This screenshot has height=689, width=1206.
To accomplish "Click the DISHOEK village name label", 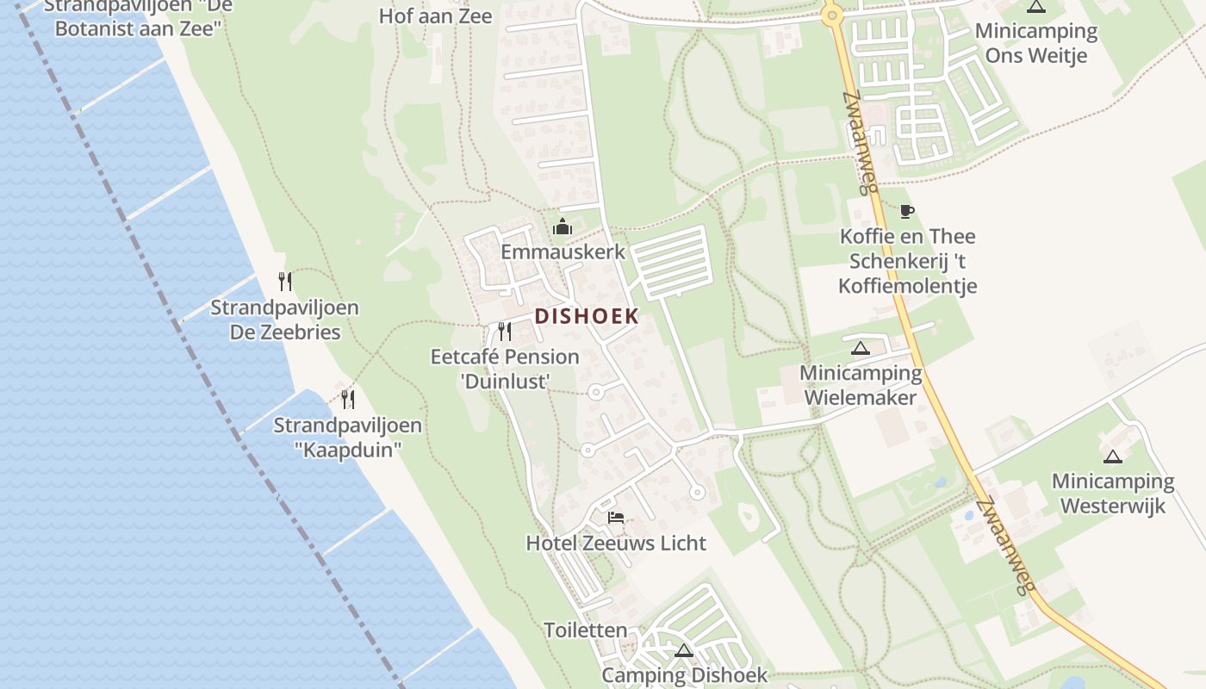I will [587, 316].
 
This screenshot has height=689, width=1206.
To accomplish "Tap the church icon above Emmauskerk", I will [563, 227].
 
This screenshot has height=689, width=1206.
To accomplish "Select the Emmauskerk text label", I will [563, 252].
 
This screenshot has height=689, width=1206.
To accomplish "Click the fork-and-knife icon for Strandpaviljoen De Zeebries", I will [285, 282].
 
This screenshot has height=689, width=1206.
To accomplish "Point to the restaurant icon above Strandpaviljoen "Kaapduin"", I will [348, 399].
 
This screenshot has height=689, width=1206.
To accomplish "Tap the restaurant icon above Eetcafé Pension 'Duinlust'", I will [505, 332].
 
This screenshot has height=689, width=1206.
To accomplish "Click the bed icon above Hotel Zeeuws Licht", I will [616, 518].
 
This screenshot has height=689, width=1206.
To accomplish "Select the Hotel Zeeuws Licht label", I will [616, 543].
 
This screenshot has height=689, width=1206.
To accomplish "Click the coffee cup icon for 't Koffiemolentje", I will [906, 211].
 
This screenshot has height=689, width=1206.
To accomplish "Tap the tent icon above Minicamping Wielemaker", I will [860, 349].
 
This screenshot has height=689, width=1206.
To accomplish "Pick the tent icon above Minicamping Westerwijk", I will [1112, 456].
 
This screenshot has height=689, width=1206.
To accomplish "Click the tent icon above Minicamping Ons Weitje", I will [1036, 7].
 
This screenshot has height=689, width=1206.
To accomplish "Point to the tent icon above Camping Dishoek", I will [684, 650].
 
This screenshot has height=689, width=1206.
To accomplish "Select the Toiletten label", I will [586, 630].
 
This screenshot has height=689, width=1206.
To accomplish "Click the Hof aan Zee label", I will [436, 16].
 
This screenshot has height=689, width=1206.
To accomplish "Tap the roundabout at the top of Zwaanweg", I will [831, 15].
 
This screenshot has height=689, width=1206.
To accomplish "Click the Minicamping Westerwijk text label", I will [1113, 493].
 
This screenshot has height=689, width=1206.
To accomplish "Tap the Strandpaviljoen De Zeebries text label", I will [285, 320].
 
